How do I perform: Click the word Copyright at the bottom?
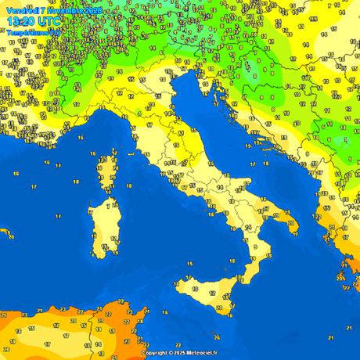pos(156,353)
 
